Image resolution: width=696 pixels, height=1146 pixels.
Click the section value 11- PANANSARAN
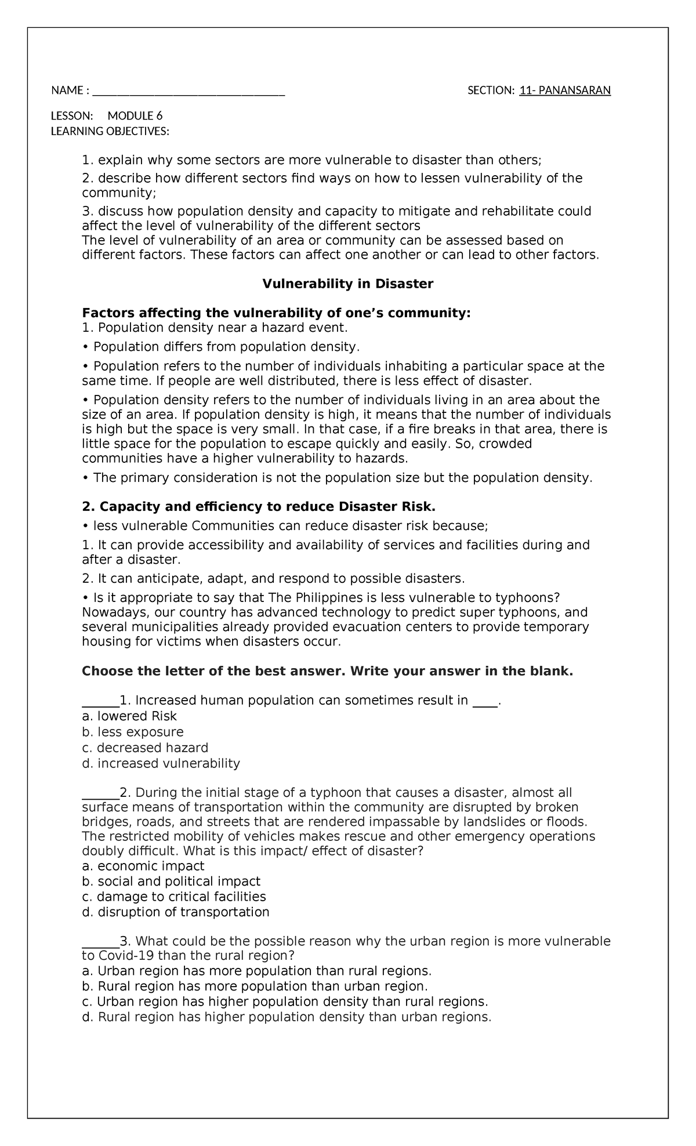coord(565,90)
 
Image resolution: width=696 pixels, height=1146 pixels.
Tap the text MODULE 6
coord(139,115)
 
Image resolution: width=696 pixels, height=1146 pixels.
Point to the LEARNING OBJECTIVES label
coord(110,131)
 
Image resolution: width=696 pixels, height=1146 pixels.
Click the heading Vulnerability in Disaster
coord(347,284)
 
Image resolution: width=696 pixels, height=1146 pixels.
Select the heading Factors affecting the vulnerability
coord(276,313)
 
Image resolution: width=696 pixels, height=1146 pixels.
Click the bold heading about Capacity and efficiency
coord(258,506)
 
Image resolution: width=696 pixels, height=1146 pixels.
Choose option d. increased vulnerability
coord(161,763)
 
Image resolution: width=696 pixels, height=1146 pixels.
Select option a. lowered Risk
coord(129,716)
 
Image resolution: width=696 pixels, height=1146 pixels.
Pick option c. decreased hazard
coord(145,748)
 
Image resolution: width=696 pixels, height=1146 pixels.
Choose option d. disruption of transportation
coord(176,912)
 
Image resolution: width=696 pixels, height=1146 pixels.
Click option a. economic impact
coord(143,866)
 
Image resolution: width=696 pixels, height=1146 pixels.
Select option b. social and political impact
coord(171,882)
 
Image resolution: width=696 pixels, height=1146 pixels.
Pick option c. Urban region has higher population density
coord(285,1002)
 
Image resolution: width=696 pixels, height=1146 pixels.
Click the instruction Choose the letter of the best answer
coord(327,672)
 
